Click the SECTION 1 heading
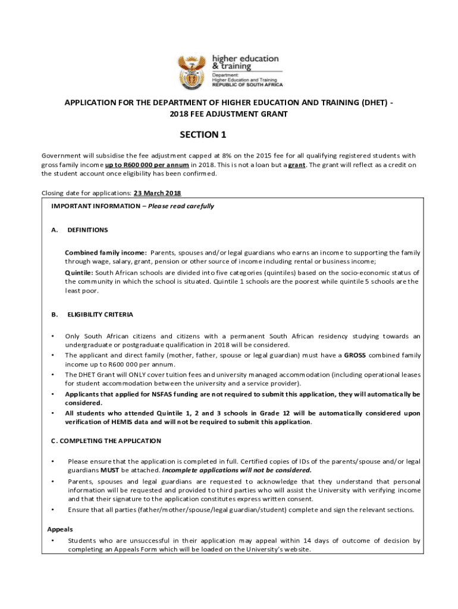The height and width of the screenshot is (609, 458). coord(203,135)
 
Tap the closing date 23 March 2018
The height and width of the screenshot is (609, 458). coord(158,193)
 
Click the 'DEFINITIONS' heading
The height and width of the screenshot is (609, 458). coord(87,230)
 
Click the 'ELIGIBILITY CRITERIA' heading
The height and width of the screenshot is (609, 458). coord(100,314)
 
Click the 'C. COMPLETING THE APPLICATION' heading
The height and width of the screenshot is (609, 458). coord(106,441)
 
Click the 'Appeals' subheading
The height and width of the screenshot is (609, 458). coord(59,529)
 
